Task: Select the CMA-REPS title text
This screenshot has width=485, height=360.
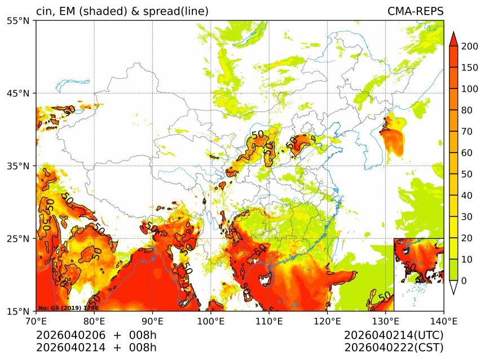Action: pyautogui.click(x=415, y=11)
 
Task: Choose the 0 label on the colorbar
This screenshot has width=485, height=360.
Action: pyautogui.click(x=464, y=281)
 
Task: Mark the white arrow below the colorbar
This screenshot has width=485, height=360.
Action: pyautogui.click(x=453, y=288)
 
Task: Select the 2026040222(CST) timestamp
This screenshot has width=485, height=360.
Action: pyautogui.click(x=394, y=348)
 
